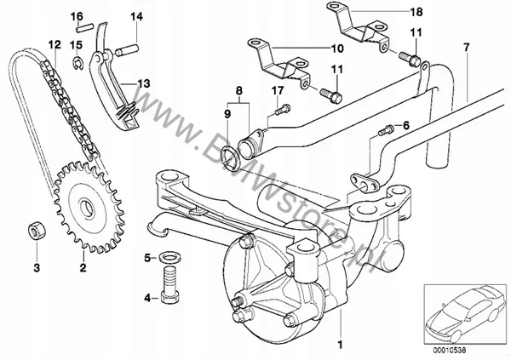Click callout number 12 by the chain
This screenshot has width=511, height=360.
[53, 43]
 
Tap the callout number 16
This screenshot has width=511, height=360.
[77, 17]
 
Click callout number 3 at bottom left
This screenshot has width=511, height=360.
[37, 268]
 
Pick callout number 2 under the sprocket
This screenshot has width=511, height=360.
[83, 268]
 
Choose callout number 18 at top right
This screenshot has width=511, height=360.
[416, 12]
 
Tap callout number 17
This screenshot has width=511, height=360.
[278, 91]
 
